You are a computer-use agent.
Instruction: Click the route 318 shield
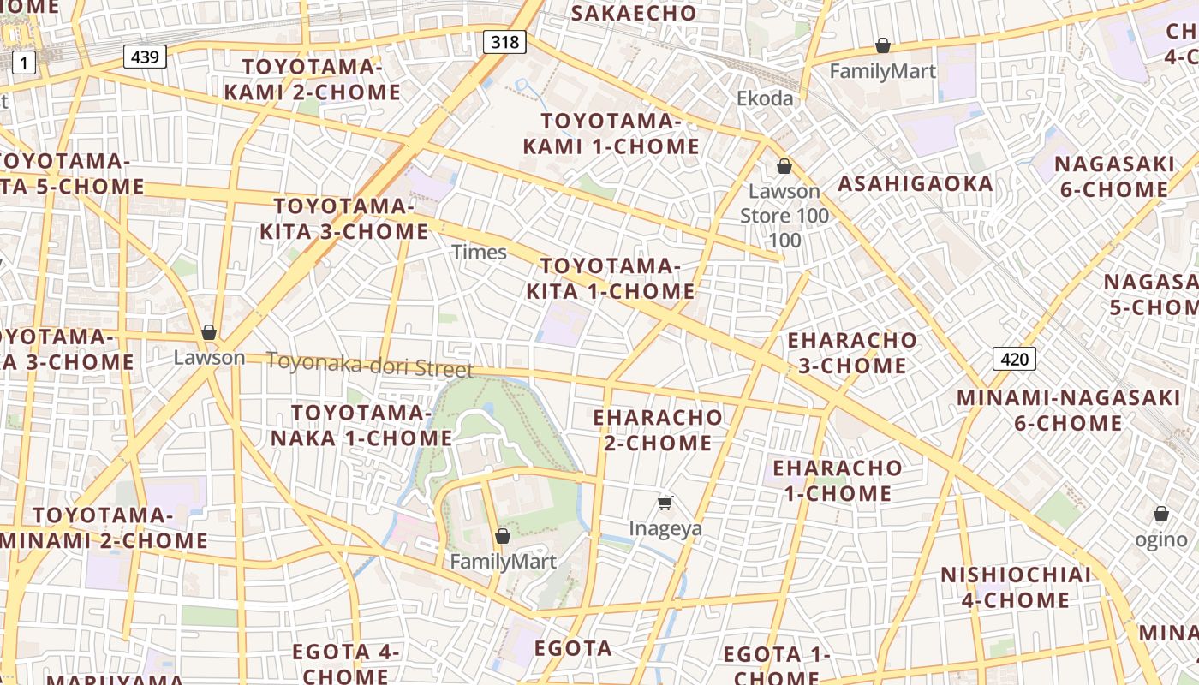[504, 40]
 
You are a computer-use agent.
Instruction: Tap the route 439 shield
[145, 57]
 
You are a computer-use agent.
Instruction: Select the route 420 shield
[1014, 358]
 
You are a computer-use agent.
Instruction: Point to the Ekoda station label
[765, 98]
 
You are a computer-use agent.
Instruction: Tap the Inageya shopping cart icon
[665, 503]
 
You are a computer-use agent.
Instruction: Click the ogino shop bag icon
[1161, 514]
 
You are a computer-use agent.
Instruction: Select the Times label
[479, 252]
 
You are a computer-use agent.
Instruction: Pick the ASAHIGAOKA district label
[915, 183]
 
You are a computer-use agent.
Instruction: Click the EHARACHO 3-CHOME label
[851, 353]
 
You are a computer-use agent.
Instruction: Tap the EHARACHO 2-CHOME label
[658, 430]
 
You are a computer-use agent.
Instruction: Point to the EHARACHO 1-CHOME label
[837, 480]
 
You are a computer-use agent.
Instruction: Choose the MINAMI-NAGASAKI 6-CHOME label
[1068, 410]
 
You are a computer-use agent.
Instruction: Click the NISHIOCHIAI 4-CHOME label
[1016, 587]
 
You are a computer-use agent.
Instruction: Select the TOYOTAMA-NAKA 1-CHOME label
[361, 426]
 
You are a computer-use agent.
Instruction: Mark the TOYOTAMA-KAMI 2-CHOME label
[312, 80]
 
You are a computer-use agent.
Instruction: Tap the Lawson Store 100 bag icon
[784, 166]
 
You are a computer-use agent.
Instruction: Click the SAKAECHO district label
[634, 13]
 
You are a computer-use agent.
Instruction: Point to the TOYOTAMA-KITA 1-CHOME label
[610, 278]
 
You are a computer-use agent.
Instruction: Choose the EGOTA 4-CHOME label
[346, 663]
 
